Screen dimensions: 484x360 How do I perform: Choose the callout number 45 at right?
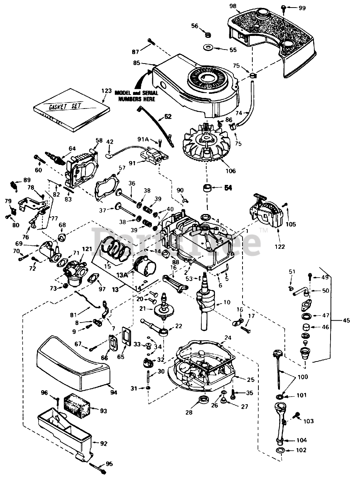(346, 320)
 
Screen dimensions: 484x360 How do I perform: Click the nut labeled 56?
(207, 35)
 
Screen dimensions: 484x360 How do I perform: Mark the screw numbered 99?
(283, 7)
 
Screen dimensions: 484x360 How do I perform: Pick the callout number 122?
(280, 247)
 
